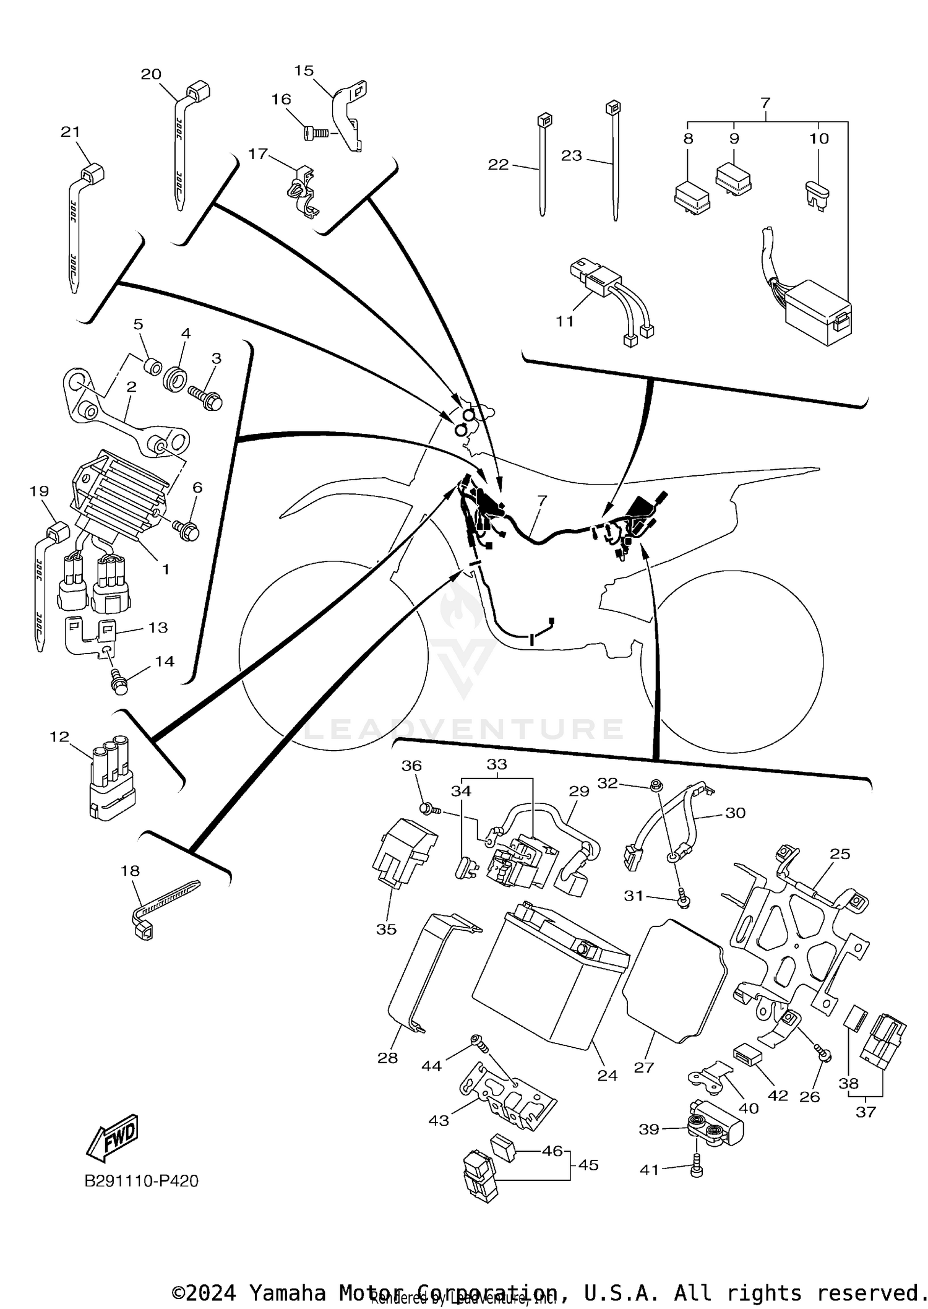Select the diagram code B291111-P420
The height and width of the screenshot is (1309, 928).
[x=141, y=1181]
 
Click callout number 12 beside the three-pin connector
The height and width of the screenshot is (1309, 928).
[x=59, y=737]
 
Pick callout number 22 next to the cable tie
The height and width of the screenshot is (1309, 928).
[x=498, y=164]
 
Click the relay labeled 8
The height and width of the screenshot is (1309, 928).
[x=691, y=197]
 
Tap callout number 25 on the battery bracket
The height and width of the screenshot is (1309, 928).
[x=840, y=853]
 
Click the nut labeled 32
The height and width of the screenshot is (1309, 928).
[x=655, y=786]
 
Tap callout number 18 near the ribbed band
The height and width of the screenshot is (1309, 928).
[x=130, y=871]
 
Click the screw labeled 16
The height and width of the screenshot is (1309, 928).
[x=316, y=132]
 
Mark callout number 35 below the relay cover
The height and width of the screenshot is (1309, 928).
[x=386, y=929]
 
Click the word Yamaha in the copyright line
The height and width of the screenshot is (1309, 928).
[x=287, y=1292]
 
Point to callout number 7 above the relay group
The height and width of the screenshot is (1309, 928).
[x=765, y=102]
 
